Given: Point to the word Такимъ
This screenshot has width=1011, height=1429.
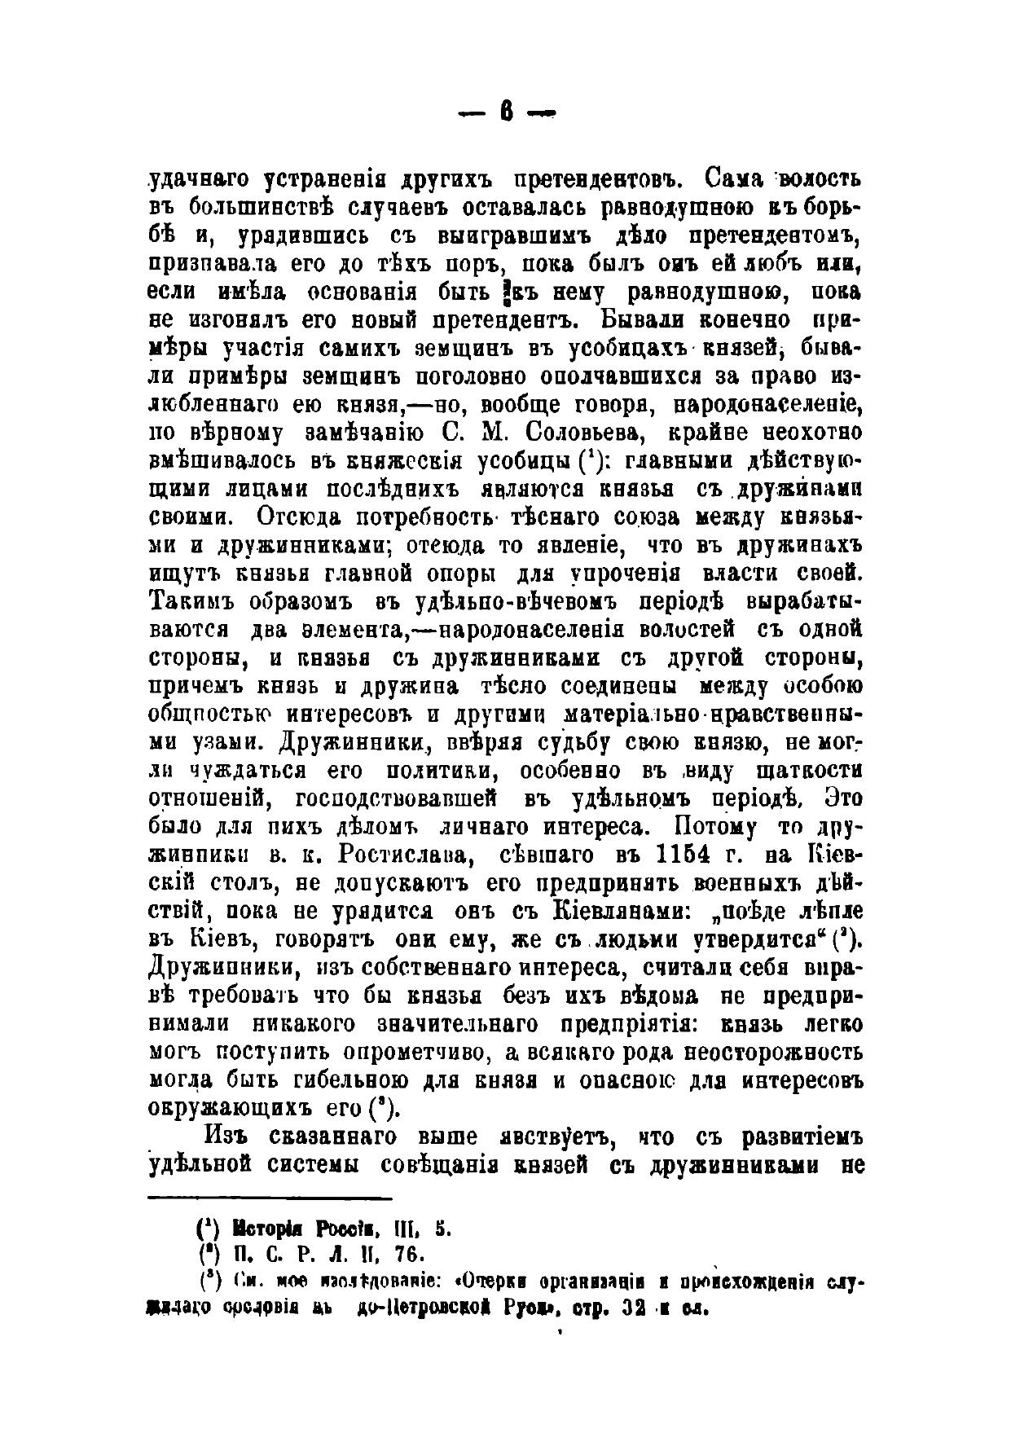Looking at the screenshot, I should [192, 602].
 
